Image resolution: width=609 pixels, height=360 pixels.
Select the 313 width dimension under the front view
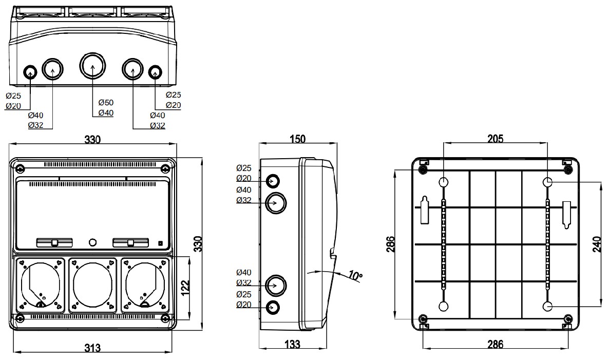(x=92, y=348)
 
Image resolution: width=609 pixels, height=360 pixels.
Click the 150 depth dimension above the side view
(x=297, y=139)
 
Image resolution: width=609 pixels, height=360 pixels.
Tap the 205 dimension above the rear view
(x=496, y=138)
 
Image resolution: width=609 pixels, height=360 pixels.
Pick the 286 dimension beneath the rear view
(x=495, y=344)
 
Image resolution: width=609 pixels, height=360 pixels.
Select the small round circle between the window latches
(x=92, y=242)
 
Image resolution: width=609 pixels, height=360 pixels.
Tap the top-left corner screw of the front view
(x=20, y=168)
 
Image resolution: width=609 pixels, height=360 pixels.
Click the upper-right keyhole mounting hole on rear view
(x=548, y=182)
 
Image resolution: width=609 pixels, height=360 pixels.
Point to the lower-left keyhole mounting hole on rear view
(x=444, y=307)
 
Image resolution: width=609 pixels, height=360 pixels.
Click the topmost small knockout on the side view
(x=273, y=181)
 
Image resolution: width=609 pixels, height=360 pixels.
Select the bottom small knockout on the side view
(x=273, y=307)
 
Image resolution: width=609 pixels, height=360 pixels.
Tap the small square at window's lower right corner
(x=160, y=243)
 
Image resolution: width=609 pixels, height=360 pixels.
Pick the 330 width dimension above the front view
(x=92, y=140)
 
